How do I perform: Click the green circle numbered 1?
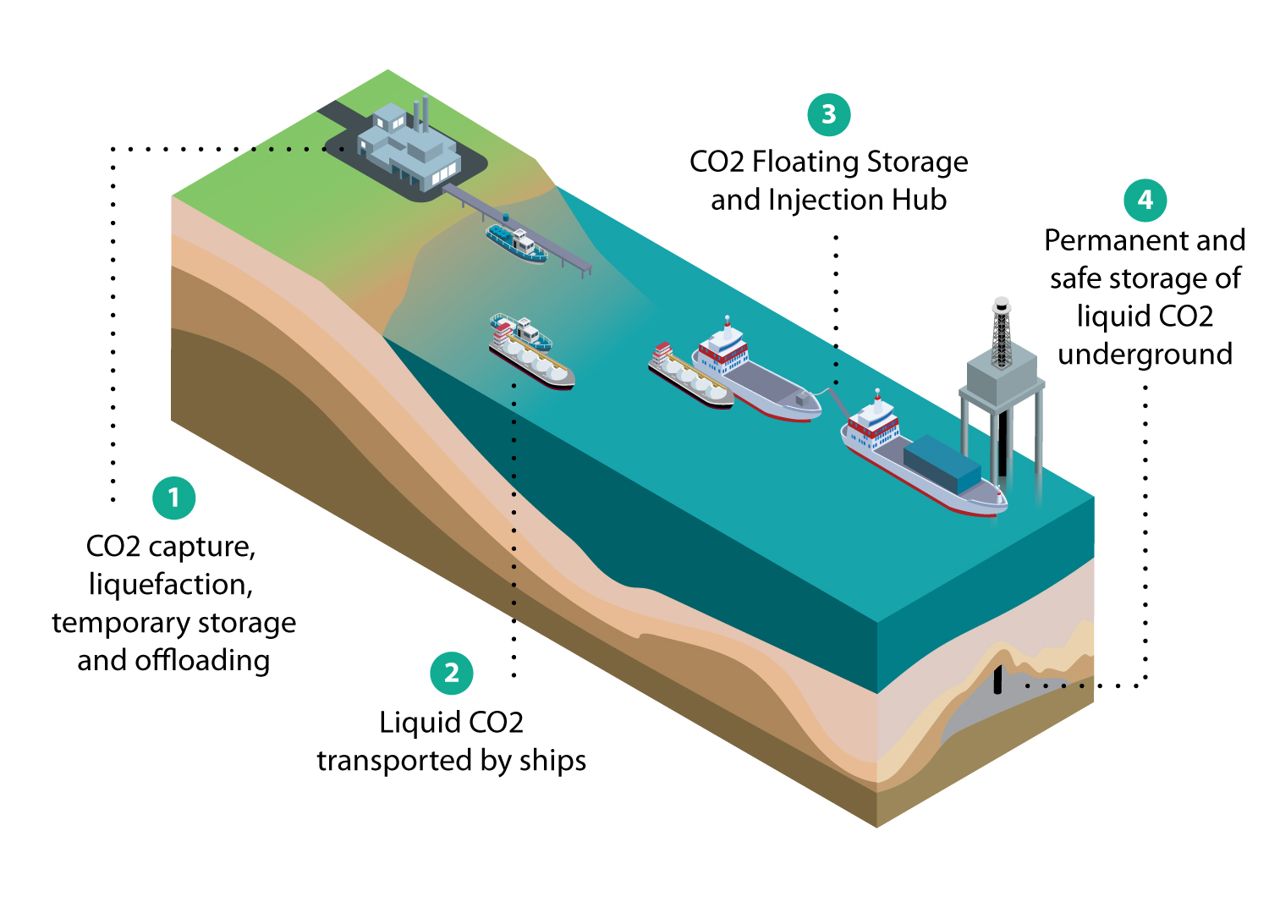point(174,498)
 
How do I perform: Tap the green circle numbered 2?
point(452,673)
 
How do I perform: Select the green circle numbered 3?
point(828,114)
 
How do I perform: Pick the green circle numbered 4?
point(1145,200)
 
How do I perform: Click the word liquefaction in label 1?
point(171,585)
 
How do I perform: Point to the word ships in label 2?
point(552,761)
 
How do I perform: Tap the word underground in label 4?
point(1145,354)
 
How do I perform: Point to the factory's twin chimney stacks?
point(421,113)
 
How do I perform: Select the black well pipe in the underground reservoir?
point(998,679)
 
